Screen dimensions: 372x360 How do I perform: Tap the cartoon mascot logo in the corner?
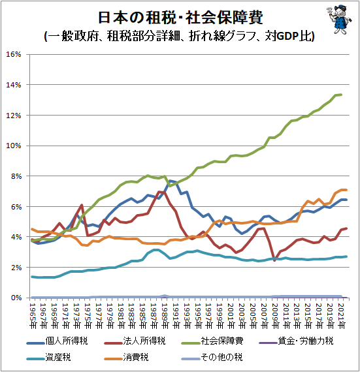click(x=336, y=20)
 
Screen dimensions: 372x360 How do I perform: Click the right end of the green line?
click(x=341, y=95)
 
